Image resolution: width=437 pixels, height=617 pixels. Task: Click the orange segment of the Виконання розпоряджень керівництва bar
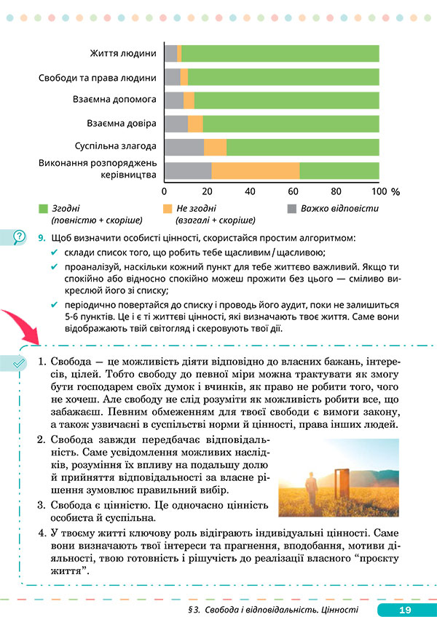click(255, 170)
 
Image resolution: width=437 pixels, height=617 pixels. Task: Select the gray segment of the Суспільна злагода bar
click(184, 147)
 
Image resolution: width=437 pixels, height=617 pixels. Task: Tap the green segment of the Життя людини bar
click(280, 54)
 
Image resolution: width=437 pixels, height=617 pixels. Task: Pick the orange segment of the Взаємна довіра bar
click(195, 124)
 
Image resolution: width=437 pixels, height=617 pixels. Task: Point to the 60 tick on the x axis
click(294, 191)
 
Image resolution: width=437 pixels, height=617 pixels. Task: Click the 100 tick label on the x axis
click(379, 192)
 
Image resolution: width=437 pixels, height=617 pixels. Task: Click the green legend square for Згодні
click(43, 208)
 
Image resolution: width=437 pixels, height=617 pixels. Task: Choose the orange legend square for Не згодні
click(168, 208)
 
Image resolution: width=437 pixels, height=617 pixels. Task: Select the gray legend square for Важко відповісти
click(292, 208)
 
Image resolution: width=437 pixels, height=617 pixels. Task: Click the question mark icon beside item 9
click(19, 236)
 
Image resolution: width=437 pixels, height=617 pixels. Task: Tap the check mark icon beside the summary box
click(19, 361)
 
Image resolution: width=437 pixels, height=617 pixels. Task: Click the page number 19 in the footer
click(406, 609)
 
